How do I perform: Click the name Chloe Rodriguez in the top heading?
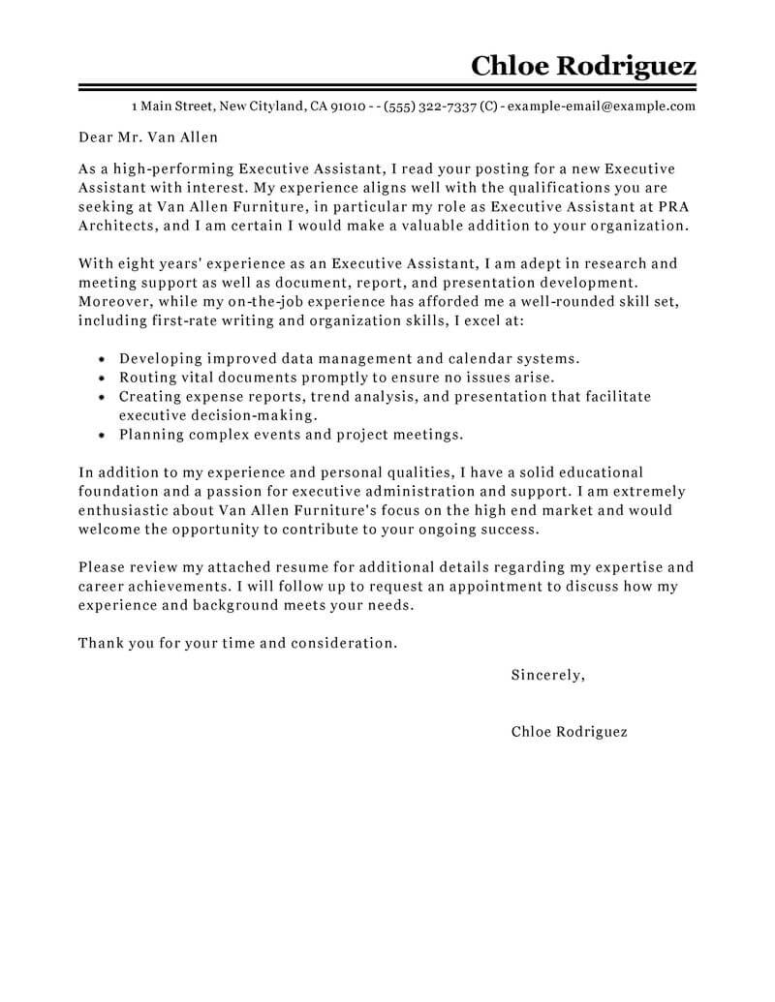(583, 67)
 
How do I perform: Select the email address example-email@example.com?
(601, 106)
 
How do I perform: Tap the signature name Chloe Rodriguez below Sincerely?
(569, 732)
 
